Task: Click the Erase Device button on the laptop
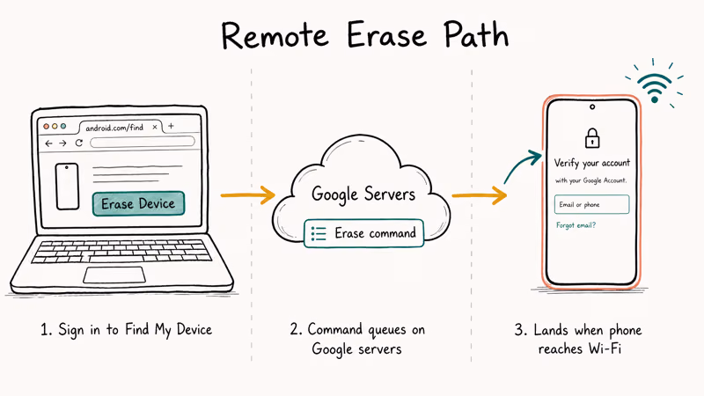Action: coord(138,203)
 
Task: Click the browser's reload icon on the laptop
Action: coord(79,143)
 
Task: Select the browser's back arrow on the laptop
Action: coord(49,143)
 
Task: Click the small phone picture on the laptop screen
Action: coord(68,186)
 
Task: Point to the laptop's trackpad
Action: coord(114,275)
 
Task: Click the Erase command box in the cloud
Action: coord(361,233)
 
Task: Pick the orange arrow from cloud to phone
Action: coord(479,196)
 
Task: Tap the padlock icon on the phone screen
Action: coord(591,138)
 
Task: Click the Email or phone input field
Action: coord(591,205)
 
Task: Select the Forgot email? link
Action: coord(576,225)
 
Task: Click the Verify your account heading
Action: coord(591,163)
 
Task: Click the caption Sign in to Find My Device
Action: coord(126,330)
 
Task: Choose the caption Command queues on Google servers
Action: coord(357,340)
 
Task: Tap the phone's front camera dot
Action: coord(591,107)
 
